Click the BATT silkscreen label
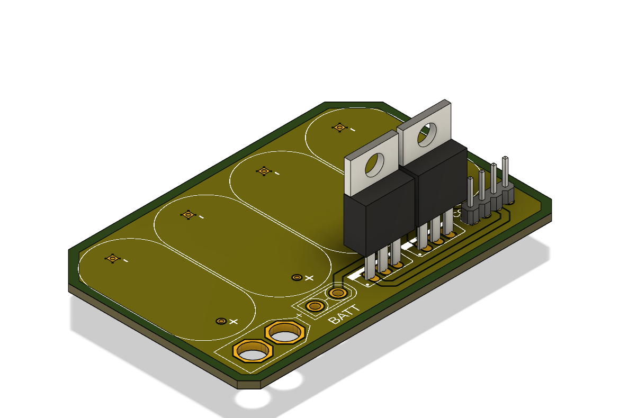345,315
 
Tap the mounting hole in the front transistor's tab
376,165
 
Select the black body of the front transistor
378,217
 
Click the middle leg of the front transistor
384,259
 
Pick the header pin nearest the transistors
470,193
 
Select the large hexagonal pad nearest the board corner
253,351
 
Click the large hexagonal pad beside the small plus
285,333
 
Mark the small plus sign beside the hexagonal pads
299,316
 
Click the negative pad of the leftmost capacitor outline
112,258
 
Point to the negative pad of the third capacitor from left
263,171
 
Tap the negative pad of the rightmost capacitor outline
339,127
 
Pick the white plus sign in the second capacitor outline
310,277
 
